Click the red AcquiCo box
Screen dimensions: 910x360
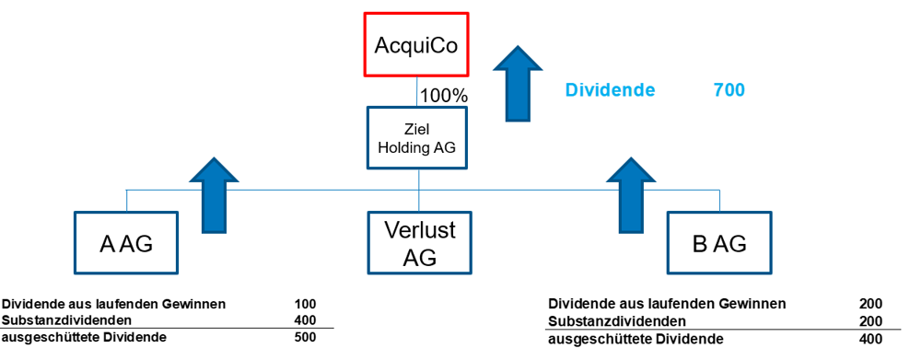click(415, 43)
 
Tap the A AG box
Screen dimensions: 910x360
click(125, 243)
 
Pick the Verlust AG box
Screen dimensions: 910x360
click(418, 243)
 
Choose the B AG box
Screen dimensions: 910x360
click(718, 243)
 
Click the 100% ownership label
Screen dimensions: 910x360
click(444, 95)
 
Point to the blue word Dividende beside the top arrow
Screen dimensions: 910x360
click(610, 90)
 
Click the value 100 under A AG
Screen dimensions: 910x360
click(305, 304)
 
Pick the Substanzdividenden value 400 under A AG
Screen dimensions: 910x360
click(305, 320)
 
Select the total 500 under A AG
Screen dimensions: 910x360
click(305, 337)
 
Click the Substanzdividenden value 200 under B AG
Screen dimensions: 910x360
click(870, 321)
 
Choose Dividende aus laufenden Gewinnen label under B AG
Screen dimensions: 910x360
click(667, 304)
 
